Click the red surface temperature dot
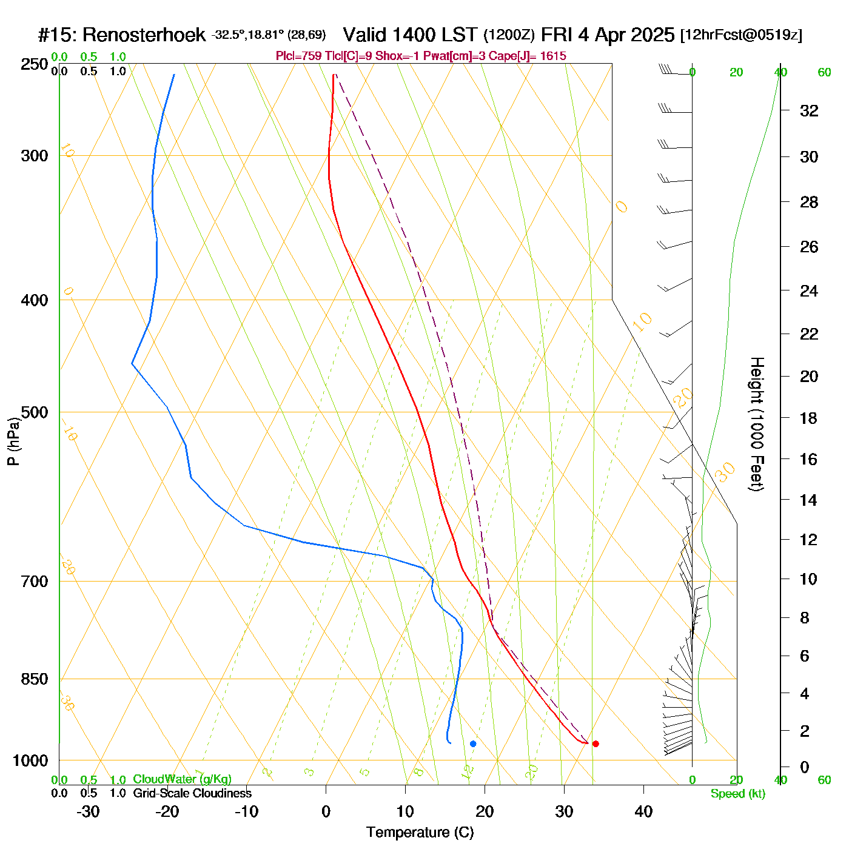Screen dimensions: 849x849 (596, 743)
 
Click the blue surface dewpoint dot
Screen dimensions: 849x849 (473, 743)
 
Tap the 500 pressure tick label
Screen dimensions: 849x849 (35, 412)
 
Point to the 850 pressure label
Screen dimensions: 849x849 (35, 679)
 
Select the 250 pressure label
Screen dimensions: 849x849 (35, 64)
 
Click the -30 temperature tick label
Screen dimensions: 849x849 (88, 811)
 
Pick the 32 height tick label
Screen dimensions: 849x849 (809, 111)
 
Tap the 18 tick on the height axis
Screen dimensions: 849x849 (809, 418)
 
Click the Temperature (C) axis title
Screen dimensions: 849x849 (420, 833)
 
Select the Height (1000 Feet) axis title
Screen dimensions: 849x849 (757, 424)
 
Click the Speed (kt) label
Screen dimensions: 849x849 (737, 794)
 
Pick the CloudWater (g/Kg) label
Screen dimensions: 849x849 (182, 779)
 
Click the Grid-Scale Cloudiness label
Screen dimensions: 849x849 (192, 793)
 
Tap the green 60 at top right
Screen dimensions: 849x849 (824, 73)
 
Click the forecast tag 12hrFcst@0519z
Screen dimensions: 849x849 (741, 35)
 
